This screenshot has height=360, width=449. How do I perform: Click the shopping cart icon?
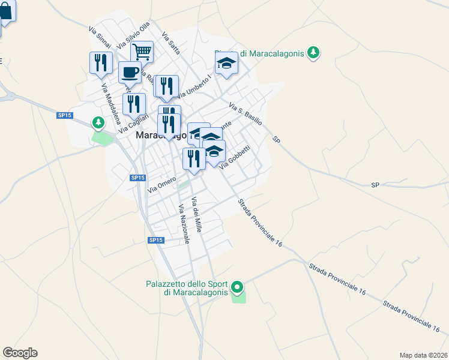tap(142, 52)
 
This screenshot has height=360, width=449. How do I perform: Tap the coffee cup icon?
tap(130, 73)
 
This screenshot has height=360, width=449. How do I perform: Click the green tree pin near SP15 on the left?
tap(98, 123)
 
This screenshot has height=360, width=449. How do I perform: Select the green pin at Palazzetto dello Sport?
tap(238, 289)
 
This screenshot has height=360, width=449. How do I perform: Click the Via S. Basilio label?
tap(246, 113)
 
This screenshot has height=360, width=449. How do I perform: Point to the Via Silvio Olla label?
tap(133, 36)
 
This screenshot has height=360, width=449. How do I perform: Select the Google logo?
tap(20, 353)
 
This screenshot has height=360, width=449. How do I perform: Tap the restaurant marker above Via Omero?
tap(193, 159)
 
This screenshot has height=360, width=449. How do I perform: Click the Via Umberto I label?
tap(194, 86)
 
